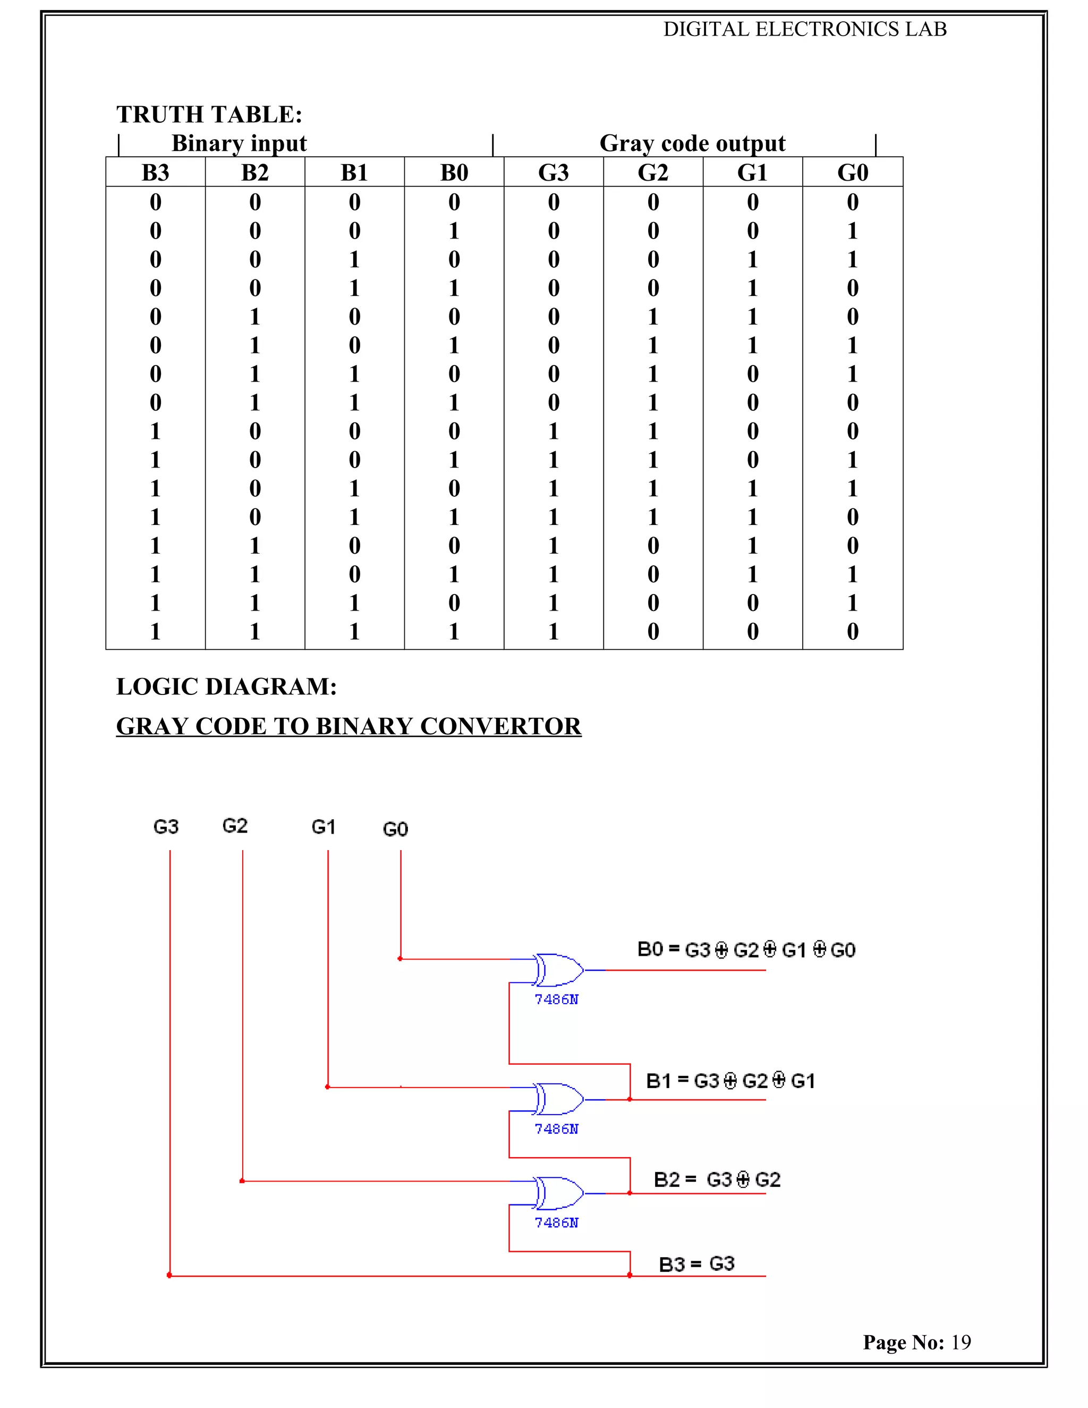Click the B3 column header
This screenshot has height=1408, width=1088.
(x=155, y=173)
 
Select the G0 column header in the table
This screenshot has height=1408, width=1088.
(x=852, y=173)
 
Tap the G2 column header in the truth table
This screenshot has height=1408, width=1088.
(x=653, y=173)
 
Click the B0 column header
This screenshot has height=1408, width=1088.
(x=454, y=173)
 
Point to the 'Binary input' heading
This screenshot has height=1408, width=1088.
(x=239, y=143)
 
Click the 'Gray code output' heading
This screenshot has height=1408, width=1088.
(x=692, y=143)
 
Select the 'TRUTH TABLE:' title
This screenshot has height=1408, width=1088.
(x=209, y=115)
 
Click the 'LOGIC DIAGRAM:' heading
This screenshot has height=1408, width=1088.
(x=226, y=686)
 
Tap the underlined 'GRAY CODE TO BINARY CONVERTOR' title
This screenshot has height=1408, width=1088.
(x=348, y=726)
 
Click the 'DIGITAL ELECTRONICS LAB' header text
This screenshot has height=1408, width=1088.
(x=805, y=30)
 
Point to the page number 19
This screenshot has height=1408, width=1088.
(x=961, y=1342)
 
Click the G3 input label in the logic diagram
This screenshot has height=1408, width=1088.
(x=166, y=827)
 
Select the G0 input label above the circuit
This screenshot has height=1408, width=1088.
(x=395, y=829)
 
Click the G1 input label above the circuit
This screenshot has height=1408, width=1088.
(x=323, y=827)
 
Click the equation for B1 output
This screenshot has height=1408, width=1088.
(x=730, y=1081)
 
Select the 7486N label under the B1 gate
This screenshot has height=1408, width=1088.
(x=556, y=1129)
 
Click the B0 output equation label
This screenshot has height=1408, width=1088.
(x=746, y=949)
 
